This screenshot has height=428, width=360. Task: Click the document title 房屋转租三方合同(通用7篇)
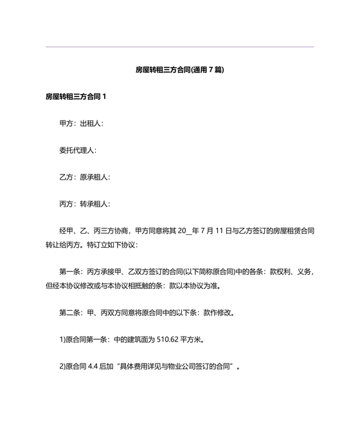pos(179,69)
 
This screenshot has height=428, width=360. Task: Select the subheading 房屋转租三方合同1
pos(76,97)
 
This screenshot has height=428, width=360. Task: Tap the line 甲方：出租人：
pos(81,123)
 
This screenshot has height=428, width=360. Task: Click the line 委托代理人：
pos(78,150)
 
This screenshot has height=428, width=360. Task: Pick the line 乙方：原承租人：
pos(85,177)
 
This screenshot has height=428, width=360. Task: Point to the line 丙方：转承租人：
pos(85,204)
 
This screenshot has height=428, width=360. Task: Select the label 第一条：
pos(72,272)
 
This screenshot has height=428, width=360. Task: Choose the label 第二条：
pos(72,313)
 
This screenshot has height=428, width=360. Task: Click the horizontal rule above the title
pos(179,47)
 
